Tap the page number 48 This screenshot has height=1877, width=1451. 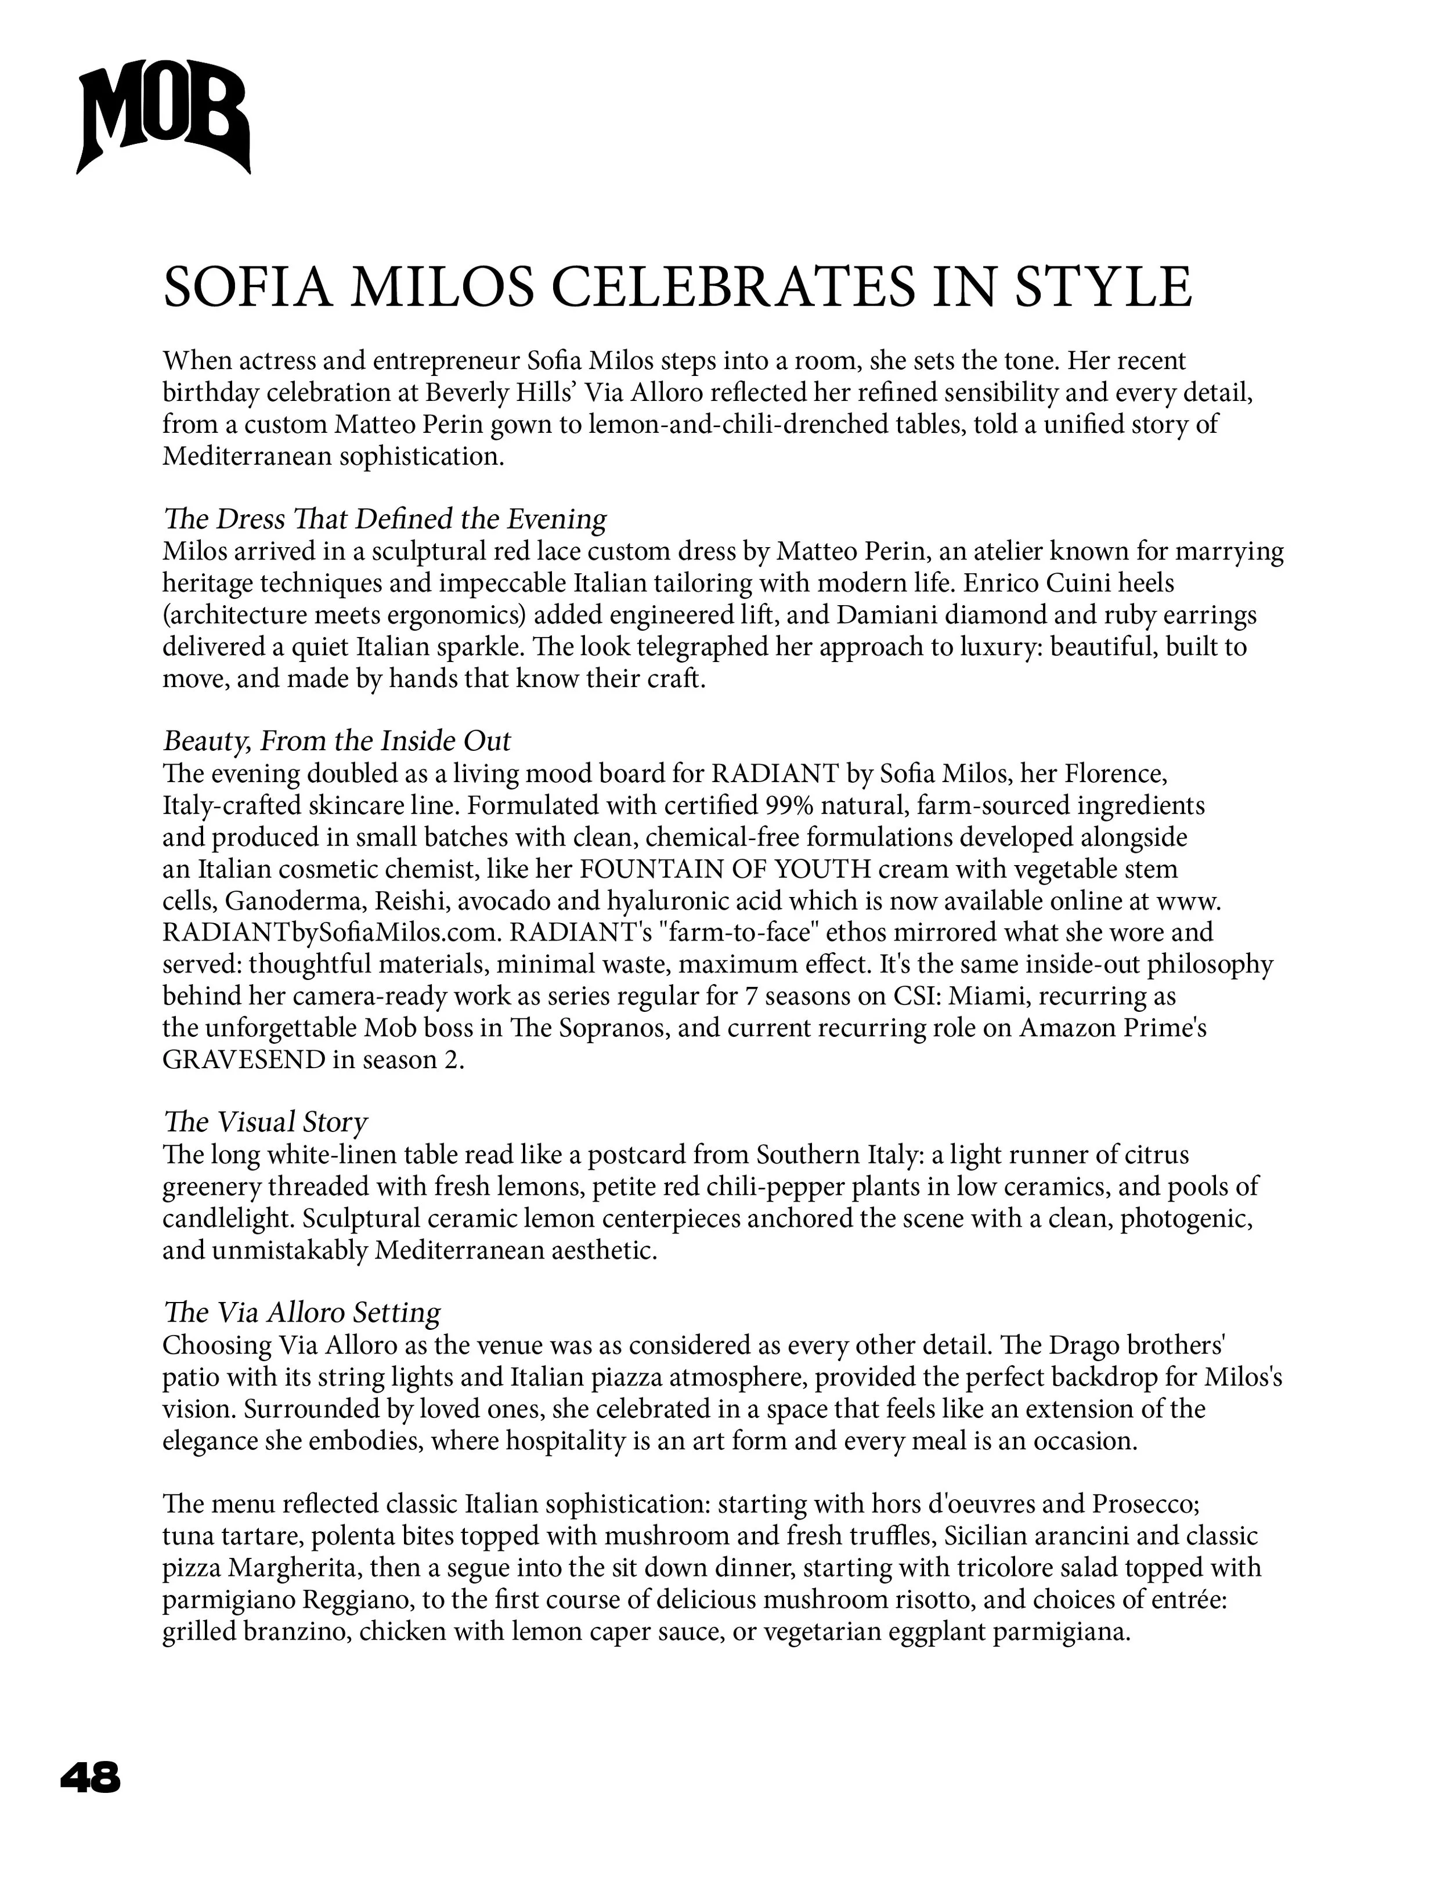tap(91, 1777)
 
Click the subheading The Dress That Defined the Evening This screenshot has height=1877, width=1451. tap(384, 519)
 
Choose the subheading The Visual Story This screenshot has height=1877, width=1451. tap(265, 1122)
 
